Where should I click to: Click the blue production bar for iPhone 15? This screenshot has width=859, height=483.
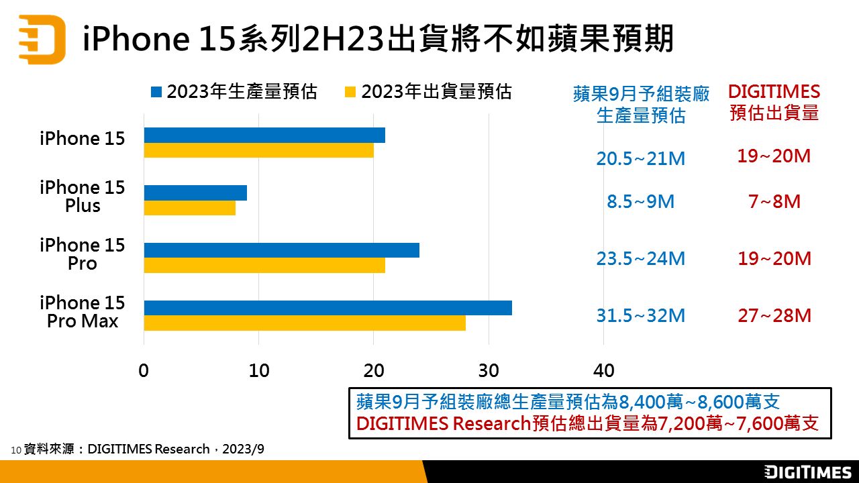(x=264, y=135)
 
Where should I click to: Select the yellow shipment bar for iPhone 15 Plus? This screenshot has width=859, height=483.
(x=189, y=208)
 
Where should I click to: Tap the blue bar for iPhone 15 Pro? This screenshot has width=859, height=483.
(x=281, y=250)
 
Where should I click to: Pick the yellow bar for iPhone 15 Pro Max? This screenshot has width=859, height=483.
(x=305, y=323)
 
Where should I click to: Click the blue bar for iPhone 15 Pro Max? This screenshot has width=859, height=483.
(x=327, y=308)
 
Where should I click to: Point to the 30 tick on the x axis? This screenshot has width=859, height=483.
(x=489, y=370)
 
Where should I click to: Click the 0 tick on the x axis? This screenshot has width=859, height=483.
(x=144, y=370)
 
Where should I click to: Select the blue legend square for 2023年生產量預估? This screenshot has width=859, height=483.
(x=157, y=92)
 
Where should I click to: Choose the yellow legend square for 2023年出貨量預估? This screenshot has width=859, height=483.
(x=350, y=92)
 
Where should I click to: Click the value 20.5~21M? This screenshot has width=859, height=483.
(x=640, y=159)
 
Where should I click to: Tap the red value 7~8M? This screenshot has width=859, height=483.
(x=774, y=201)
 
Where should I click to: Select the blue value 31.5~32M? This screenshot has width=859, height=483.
(x=640, y=315)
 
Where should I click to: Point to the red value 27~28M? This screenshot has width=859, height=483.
(x=774, y=315)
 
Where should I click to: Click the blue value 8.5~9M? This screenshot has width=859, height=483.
(x=640, y=201)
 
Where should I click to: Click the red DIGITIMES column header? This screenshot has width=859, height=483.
(x=774, y=102)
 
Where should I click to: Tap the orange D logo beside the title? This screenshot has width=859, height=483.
(x=42, y=40)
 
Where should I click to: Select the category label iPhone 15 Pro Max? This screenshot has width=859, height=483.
(x=83, y=312)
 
